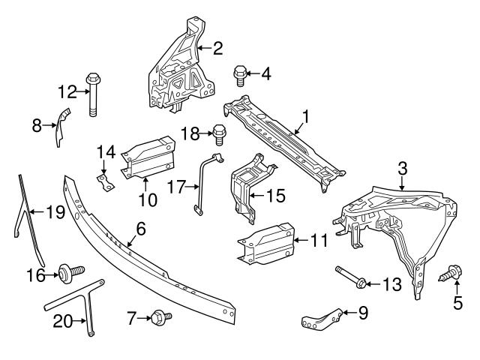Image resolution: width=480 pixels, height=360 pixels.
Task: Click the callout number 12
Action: [x=67, y=92]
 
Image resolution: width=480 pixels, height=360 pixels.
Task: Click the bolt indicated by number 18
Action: [x=220, y=134]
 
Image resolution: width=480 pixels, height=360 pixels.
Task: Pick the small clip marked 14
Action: [x=106, y=181]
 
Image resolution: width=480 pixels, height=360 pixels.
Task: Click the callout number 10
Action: [x=147, y=199]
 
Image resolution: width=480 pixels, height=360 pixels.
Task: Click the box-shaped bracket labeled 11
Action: [x=268, y=243]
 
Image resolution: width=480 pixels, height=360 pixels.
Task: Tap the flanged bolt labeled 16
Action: [x=66, y=274]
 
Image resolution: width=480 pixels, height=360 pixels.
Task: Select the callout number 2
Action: [x=217, y=49]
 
